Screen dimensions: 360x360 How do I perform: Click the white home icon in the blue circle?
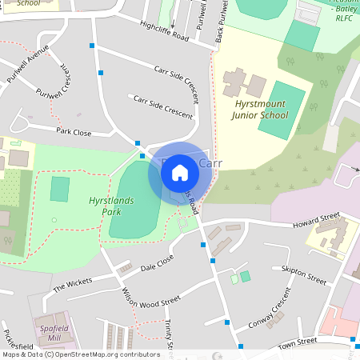(x=180, y=173)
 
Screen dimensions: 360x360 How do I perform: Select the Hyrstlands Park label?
(x=111, y=206)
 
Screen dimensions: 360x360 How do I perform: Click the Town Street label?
(x=298, y=342)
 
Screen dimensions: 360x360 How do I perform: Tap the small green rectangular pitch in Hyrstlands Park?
(x=59, y=190)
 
